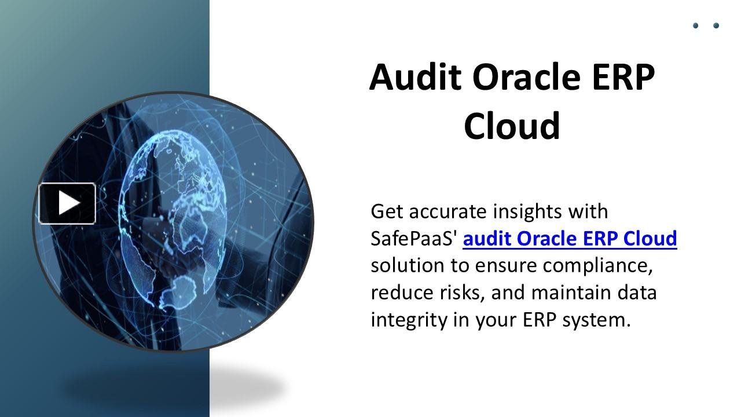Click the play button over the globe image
pyautogui.click(x=67, y=203)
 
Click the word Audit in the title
pyautogui.click(x=415, y=77)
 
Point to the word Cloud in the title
pyautogui.click(x=512, y=126)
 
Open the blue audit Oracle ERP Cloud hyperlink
pyautogui.click(x=570, y=239)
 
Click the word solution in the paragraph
pyautogui.click(x=408, y=266)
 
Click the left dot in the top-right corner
pyautogui.click(x=696, y=25)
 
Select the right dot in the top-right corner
pyautogui.click(x=716, y=25)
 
